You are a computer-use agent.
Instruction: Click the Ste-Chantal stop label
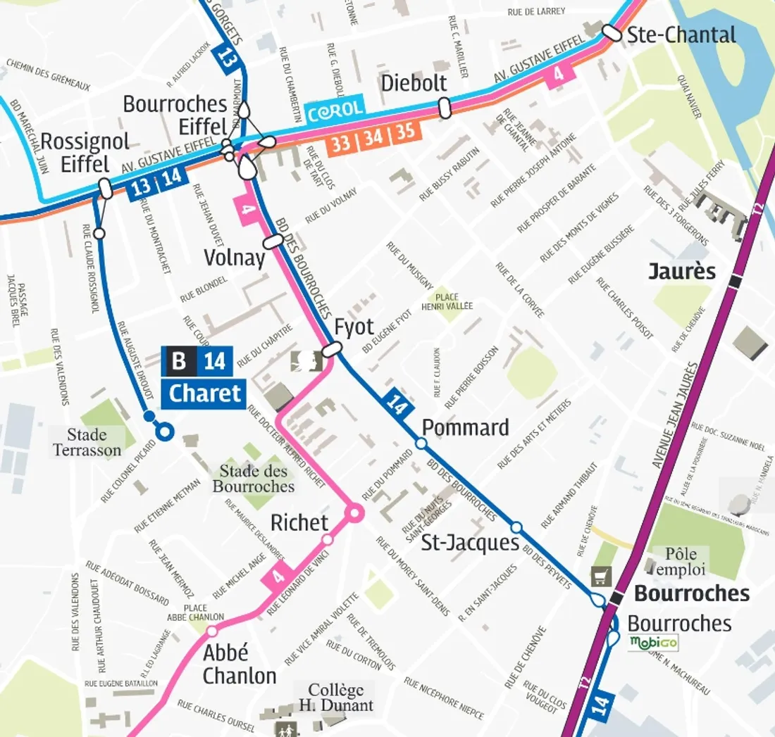tap(681, 34)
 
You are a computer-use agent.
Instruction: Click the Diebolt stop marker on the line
tap(444, 108)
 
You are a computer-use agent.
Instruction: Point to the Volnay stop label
tap(235, 258)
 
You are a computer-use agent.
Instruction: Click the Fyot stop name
tap(354, 327)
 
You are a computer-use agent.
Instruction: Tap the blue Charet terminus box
tap(204, 393)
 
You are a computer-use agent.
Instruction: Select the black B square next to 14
tap(179, 361)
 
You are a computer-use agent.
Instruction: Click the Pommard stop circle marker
tap(421, 443)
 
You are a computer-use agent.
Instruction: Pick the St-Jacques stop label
tap(469, 543)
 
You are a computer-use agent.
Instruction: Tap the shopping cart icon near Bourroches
tap(601, 576)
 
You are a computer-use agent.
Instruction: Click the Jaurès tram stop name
tap(682, 272)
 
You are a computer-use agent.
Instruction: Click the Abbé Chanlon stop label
tap(240, 664)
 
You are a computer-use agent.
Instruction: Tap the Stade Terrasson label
tap(87, 442)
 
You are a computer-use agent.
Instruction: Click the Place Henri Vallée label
tap(447, 301)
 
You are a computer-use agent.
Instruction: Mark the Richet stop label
tap(299, 522)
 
